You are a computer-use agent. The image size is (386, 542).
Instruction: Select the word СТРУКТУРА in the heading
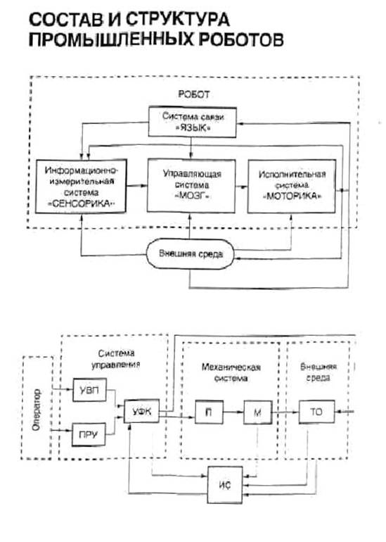[176, 19]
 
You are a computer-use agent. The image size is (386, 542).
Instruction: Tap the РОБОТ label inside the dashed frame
[193, 94]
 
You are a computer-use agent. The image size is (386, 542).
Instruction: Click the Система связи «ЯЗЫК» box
[193, 122]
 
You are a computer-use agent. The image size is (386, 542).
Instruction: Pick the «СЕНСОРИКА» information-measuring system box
[81, 186]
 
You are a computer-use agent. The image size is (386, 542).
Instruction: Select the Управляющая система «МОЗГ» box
[191, 185]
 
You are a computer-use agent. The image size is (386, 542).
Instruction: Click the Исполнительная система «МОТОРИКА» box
[292, 186]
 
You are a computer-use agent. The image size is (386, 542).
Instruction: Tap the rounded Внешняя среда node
[191, 254]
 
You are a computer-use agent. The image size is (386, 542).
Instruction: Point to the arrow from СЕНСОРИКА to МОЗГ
[137, 186]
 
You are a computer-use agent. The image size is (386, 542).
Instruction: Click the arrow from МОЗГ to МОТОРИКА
[242, 187]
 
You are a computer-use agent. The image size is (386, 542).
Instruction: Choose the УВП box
[89, 390]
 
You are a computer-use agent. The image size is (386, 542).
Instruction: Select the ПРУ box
[89, 434]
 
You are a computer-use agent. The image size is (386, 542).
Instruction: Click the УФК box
[141, 411]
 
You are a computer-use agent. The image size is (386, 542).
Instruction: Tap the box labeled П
[209, 412]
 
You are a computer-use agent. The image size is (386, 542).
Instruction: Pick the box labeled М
[257, 412]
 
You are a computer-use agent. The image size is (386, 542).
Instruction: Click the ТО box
[316, 412]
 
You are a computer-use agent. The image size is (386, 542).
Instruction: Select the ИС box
[225, 485]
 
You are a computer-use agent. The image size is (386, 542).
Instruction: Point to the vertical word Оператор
[37, 410]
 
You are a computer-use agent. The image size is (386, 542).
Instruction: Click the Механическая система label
[231, 372]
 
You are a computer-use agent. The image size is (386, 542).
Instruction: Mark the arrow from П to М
[233, 412]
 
